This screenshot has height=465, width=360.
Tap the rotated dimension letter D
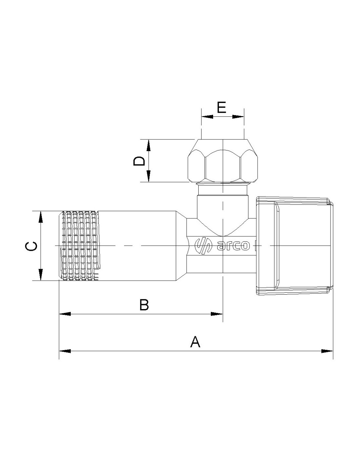coord(139,161)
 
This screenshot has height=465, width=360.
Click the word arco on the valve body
coord(233,246)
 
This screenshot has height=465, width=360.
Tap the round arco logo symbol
coord(203,246)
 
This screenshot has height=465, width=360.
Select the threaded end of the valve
coord(79,246)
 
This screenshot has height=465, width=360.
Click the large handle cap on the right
coord(295,246)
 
